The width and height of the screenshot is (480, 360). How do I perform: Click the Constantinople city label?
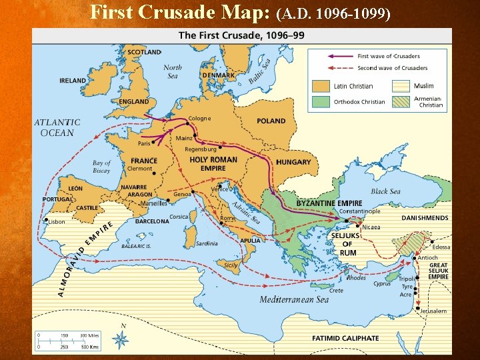coord(359,211)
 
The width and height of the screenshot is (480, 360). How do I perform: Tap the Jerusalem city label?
coord(433,311)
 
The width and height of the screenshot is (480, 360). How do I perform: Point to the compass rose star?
coord(121,340)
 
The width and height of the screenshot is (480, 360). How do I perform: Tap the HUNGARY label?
coord(293,162)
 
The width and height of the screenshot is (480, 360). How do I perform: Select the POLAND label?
coord(271,121)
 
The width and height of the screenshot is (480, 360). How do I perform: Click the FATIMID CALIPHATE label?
coord(345,339)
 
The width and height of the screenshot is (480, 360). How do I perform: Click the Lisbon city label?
coord(57,221)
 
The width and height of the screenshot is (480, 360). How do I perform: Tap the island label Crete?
coord(336,291)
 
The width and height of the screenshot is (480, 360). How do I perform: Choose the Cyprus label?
coord(382,283)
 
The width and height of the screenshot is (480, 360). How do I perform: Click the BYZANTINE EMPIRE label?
coord(329,203)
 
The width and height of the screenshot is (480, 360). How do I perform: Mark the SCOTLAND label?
coord(144,52)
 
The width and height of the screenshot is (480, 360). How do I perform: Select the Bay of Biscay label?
coord(102,167)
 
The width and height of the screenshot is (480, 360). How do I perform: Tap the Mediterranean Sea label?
coord(294,300)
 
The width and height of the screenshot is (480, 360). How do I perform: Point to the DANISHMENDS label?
coord(425,218)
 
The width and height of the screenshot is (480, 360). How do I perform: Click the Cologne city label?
coord(200,119)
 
